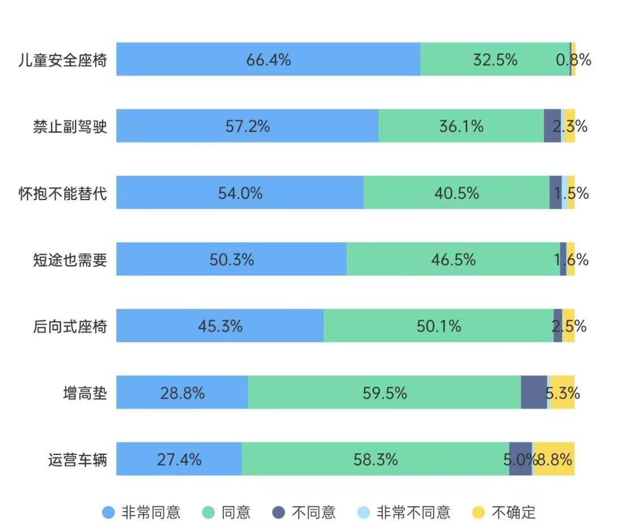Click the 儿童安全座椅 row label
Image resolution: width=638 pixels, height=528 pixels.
click(x=62, y=60)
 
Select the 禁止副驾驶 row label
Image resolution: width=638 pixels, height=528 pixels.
click(x=70, y=126)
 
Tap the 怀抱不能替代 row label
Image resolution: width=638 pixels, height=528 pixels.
click(x=62, y=193)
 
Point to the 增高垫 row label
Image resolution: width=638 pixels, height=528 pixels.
click(x=84, y=392)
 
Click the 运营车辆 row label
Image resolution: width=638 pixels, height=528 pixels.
click(x=77, y=459)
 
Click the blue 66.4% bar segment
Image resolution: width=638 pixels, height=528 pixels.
click(x=268, y=59)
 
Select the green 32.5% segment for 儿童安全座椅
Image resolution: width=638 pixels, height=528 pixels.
click(x=495, y=59)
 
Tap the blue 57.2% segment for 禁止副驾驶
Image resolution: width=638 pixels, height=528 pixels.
click(x=247, y=126)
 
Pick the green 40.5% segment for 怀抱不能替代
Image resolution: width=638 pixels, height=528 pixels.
click(x=457, y=193)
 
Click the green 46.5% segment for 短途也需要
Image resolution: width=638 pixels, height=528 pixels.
click(x=453, y=259)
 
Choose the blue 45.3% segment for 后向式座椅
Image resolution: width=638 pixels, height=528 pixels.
click(x=220, y=326)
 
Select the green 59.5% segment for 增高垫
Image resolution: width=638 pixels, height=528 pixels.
click(x=385, y=392)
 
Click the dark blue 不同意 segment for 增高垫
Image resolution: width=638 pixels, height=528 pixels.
click(x=534, y=392)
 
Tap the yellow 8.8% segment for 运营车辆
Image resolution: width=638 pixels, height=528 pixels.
click(x=554, y=459)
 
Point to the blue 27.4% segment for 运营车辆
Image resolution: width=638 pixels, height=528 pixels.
click(x=179, y=459)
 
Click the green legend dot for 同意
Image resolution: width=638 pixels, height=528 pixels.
click(x=209, y=513)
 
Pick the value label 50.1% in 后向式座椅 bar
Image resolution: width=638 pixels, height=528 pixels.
click(x=438, y=326)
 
